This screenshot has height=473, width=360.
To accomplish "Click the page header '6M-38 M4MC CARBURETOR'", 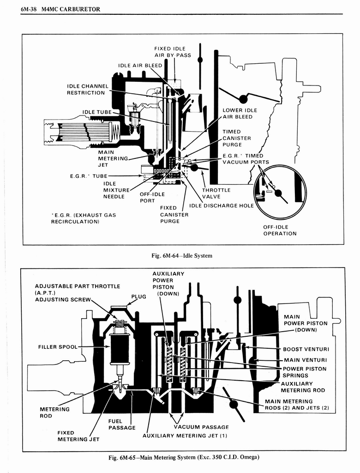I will click(60, 9).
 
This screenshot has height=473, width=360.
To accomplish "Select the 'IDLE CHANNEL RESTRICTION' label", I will click(88, 89).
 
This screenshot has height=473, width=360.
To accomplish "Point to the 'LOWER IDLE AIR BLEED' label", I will click(240, 114).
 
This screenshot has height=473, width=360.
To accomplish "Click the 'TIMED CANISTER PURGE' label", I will click(236, 138).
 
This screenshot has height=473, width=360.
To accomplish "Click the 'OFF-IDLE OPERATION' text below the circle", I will click(280, 230).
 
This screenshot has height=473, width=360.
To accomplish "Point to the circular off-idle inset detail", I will click(280, 192).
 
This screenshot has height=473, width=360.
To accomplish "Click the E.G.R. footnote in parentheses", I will click(84, 218).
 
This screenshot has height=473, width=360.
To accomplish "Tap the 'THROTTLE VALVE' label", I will click(216, 193).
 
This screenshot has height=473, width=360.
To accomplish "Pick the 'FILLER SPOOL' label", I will click(58, 346).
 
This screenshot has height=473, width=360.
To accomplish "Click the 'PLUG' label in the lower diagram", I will click(138, 297).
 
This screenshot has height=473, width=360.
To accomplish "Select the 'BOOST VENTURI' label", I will click(305, 349).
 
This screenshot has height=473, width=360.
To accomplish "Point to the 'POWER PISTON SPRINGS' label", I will click(304, 372).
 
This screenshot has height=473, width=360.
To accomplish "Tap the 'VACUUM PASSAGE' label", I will click(201, 427).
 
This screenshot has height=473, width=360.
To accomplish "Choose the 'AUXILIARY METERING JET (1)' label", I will click(185, 435).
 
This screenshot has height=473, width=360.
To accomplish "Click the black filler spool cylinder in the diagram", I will click(120, 349).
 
